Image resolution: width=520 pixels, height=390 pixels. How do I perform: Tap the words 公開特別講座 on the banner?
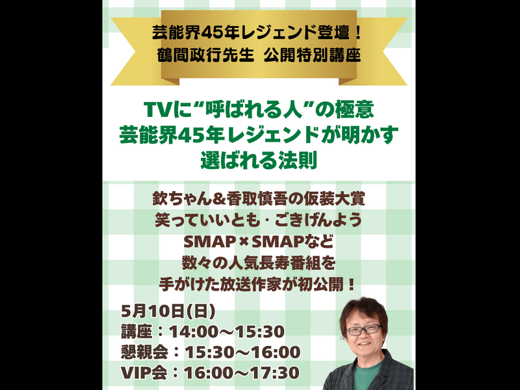[x=312, y=55]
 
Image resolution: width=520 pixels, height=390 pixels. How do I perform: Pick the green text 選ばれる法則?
[x=259, y=161]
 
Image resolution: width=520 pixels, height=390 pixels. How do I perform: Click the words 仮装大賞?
[x=335, y=199]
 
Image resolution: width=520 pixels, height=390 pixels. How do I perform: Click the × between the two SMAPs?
[x=244, y=242]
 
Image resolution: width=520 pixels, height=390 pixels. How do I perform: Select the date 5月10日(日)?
[x=168, y=311]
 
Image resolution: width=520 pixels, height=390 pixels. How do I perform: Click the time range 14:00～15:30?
[x=227, y=331]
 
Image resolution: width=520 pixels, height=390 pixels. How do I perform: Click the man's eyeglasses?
[x=364, y=330]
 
